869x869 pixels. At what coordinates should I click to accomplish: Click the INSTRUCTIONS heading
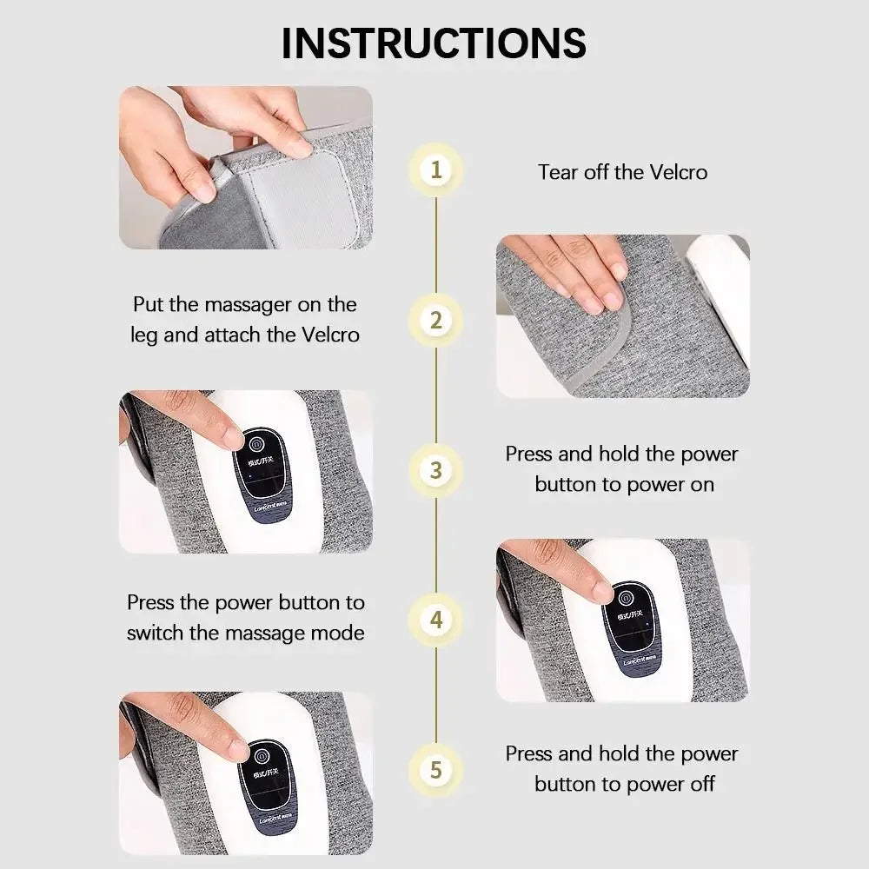coord(434,43)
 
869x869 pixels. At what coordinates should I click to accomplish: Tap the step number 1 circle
coord(435,169)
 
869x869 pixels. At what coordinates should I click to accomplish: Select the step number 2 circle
coord(435,319)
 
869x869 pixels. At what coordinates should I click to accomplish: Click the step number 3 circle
coord(435,470)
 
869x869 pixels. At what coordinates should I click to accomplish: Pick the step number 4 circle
coord(435,620)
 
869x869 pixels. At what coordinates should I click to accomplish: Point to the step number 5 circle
coord(435,770)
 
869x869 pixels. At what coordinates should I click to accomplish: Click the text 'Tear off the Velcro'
coord(622,171)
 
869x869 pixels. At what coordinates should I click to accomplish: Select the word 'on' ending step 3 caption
coord(701,484)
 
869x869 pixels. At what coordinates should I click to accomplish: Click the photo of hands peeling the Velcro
coord(245,167)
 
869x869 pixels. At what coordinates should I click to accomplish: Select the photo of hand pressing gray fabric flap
coord(622,316)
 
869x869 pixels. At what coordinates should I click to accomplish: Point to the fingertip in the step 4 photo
coord(600,592)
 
